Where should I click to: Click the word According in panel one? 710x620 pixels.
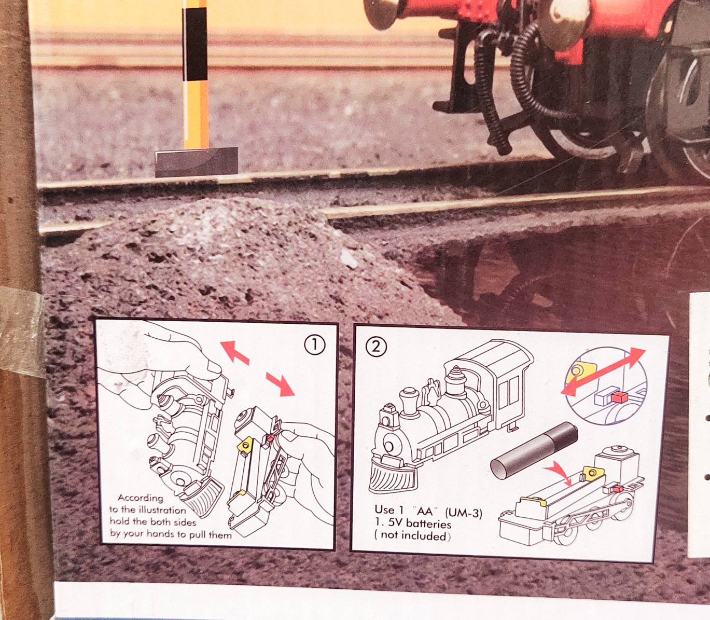coord(140,498)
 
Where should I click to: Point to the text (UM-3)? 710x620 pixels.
coord(463,513)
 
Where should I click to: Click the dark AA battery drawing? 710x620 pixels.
coord(534,450)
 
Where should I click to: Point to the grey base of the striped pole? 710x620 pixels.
coord(197,162)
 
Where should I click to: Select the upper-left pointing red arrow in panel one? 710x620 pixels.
coord(235,352)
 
